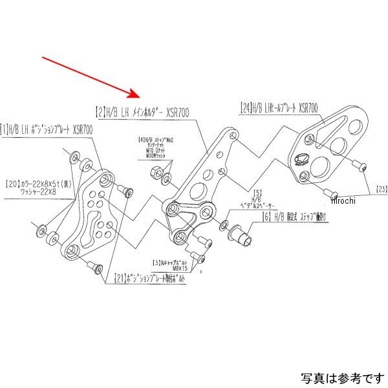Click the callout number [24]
click(245, 107)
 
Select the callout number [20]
click(14, 182)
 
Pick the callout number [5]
click(257, 192)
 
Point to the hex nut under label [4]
click(156, 172)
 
